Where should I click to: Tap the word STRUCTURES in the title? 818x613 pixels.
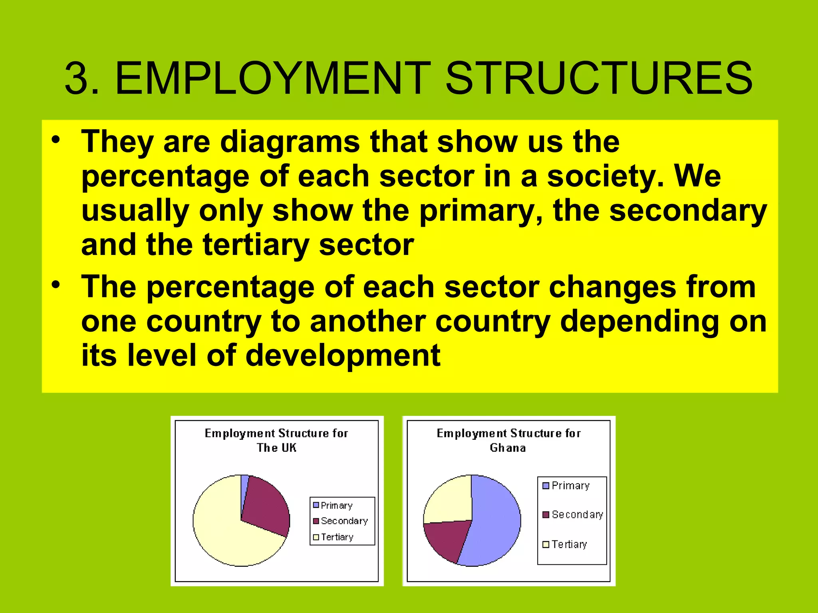pyautogui.click(x=599, y=78)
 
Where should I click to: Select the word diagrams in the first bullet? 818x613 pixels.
pyautogui.click(x=290, y=142)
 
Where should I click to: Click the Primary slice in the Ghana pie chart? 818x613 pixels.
pyautogui.click(x=495, y=523)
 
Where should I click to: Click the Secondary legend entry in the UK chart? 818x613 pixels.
pyautogui.click(x=340, y=521)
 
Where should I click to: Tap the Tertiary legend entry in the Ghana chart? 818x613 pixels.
pyautogui.click(x=565, y=544)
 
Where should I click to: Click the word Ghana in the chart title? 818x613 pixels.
pyautogui.click(x=508, y=448)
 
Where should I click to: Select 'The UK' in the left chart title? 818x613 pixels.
pyautogui.click(x=276, y=448)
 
